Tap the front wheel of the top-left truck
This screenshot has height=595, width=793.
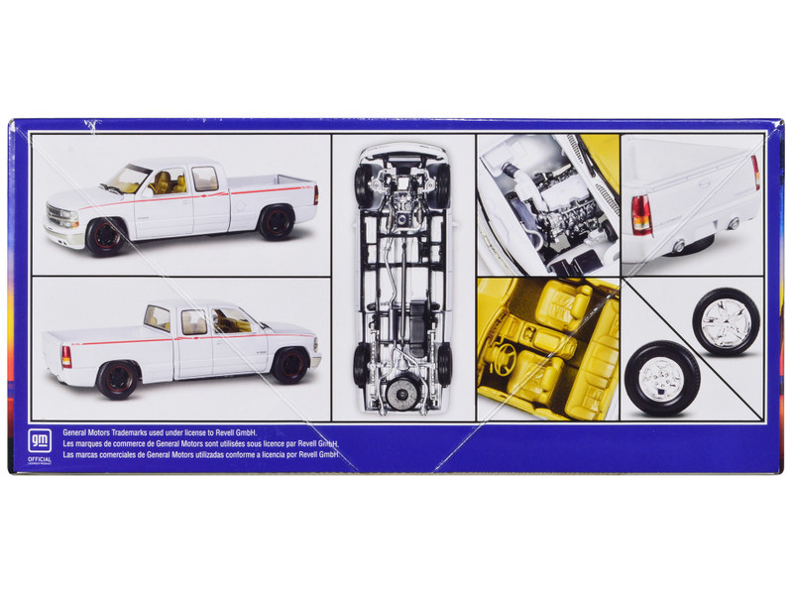pos(102,237)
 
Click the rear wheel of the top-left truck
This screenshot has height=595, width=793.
pos(276,221)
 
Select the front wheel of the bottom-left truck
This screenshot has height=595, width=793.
pos(289,364)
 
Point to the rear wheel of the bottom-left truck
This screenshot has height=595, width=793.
pos(118,379)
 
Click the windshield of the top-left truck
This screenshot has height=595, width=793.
pos(129,179)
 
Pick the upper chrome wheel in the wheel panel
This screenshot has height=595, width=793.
pos(726,320)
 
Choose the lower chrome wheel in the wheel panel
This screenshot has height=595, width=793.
pos(662,377)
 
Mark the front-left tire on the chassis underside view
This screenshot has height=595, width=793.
pos(363,185)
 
